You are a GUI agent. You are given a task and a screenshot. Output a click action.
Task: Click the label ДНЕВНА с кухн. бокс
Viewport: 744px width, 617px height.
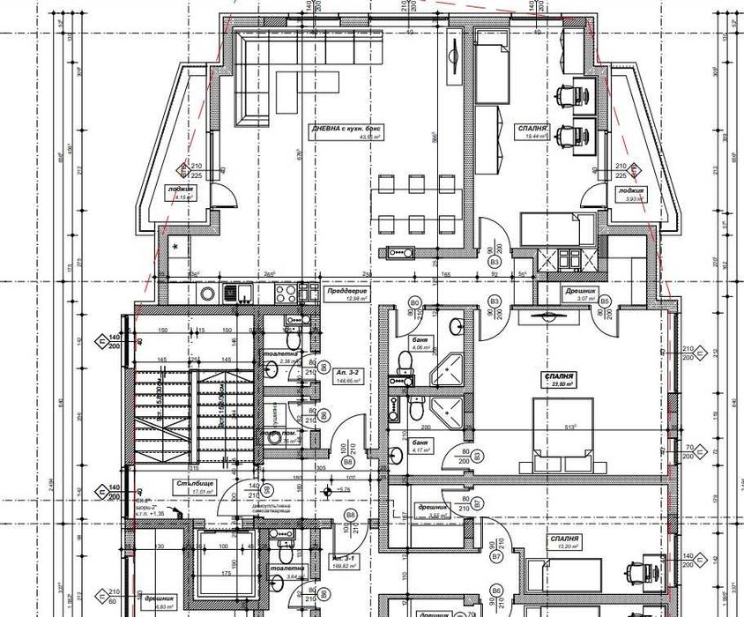[x=346, y=129]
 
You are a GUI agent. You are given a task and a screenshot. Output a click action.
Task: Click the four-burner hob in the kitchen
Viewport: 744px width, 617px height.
[x=286, y=293]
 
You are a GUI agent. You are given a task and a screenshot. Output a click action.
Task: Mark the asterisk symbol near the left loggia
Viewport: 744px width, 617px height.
[x=175, y=248]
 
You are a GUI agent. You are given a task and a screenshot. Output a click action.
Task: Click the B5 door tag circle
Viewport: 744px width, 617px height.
[x=605, y=301]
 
